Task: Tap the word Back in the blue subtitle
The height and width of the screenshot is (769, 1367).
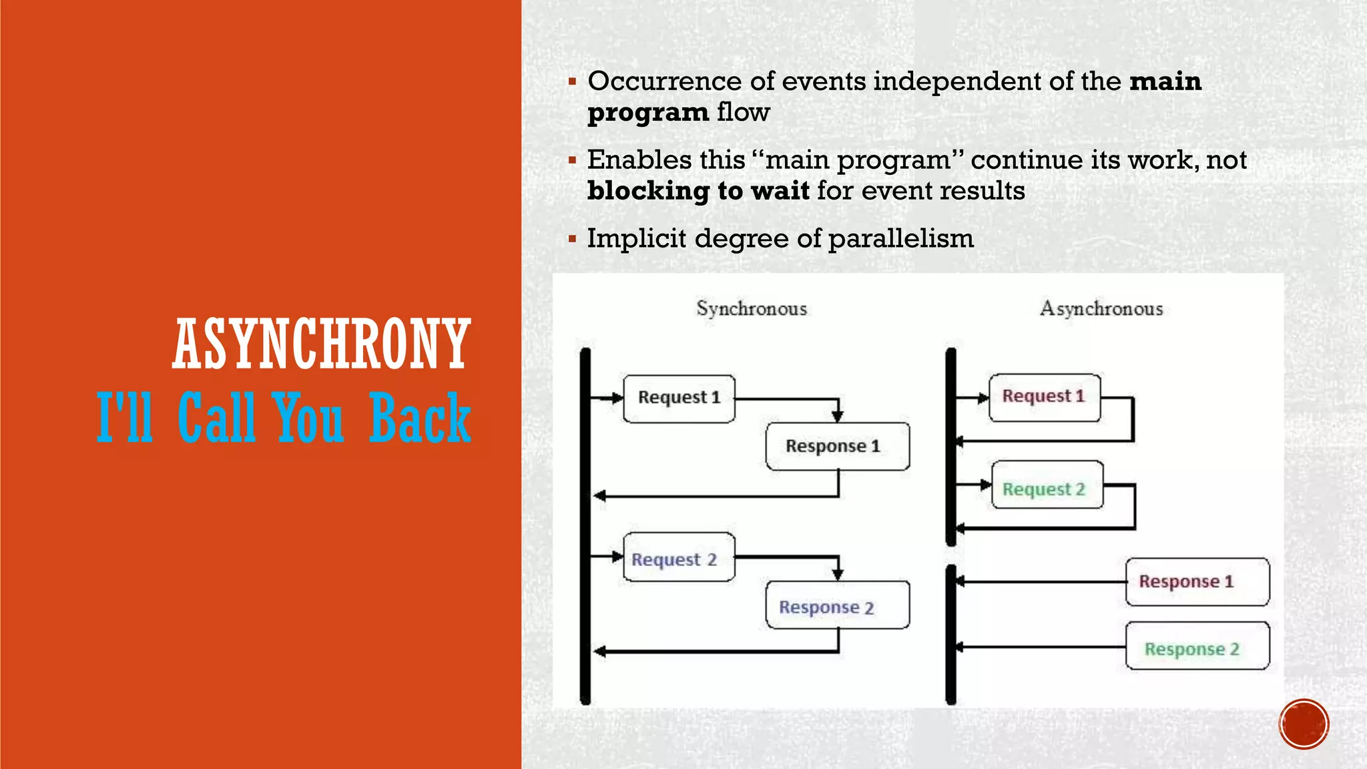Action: click(x=420, y=418)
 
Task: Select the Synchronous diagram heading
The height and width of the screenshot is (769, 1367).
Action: click(x=752, y=308)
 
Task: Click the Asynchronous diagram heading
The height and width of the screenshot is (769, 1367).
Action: click(x=1101, y=308)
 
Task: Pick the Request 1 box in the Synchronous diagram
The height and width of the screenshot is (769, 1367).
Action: click(x=679, y=399)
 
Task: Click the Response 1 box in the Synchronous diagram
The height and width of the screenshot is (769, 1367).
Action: click(x=837, y=446)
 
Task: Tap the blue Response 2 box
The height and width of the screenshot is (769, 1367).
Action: click(x=837, y=605)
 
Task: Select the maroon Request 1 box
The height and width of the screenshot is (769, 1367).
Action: click(x=1044, y=397)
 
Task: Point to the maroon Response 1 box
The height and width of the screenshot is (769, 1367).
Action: click(x=1197, y=581)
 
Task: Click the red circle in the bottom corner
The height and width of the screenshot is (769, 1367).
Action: click(x=1304, y=724)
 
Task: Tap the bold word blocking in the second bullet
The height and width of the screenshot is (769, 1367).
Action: click(x=647, y=191)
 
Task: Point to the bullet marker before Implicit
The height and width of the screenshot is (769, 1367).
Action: click(x=572, y=238)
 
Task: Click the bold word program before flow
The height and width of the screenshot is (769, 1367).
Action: click(x=647, y=113)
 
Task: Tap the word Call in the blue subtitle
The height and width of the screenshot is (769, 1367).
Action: click(x=217, y=418)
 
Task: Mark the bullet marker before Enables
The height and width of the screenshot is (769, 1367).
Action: click(x=572, y=160)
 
